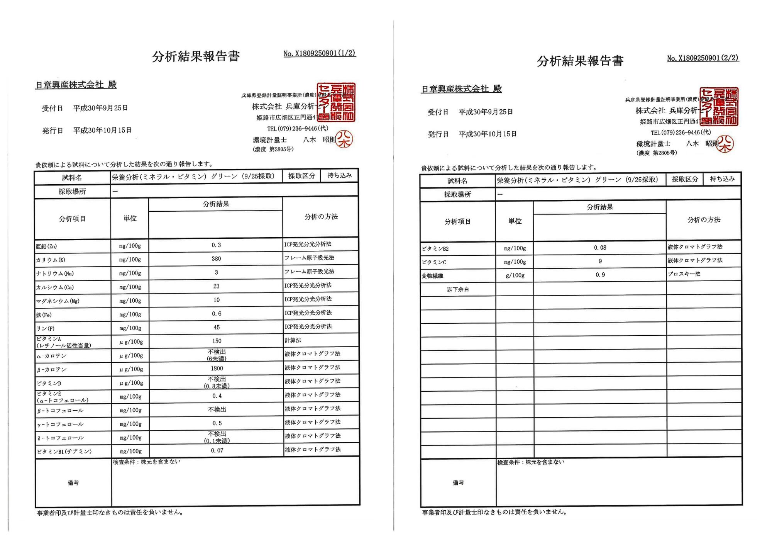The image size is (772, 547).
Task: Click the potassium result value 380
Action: (216, 259)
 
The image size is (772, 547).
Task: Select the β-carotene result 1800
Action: (217, 369)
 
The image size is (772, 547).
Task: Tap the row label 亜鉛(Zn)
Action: (46, 246)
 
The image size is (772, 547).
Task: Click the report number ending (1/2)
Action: (319, 53)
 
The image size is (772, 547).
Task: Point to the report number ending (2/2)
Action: (703, 58)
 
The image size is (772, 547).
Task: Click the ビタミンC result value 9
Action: (600, 262)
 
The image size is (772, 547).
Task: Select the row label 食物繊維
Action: (432, 276)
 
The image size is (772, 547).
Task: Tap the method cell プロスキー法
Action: (684, 274)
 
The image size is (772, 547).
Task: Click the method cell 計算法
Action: (293, 340)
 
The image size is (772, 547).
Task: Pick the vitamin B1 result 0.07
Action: (217, 450)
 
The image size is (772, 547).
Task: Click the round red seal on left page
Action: (344, 139)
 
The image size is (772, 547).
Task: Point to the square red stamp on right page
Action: (719, 107)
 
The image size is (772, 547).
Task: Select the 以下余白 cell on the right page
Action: (458, 289)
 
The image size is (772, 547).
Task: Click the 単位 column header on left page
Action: (130, 218)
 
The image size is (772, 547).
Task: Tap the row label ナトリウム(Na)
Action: (54, 273)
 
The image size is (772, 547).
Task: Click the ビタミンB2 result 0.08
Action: (600, 248)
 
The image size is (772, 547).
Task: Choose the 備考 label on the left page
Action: (73, 482)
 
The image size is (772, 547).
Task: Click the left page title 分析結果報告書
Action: (196, 56)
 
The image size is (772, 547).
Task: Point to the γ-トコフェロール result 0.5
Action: (217, 423)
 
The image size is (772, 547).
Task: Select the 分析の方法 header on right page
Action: (704, 220)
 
